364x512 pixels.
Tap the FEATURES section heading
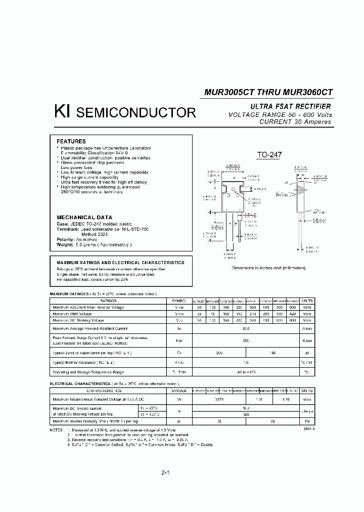(71, 141)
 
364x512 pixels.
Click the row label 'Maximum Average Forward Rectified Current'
(89, 328)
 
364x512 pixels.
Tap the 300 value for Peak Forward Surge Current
(246, 341)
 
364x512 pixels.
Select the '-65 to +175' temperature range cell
(246, 372)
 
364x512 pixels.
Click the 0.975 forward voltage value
(220, 399)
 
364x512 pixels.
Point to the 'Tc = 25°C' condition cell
(149, 407)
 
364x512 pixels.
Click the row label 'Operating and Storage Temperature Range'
(89, 372)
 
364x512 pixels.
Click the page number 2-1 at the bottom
(165, 473)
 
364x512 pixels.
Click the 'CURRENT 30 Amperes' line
(295, 122)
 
